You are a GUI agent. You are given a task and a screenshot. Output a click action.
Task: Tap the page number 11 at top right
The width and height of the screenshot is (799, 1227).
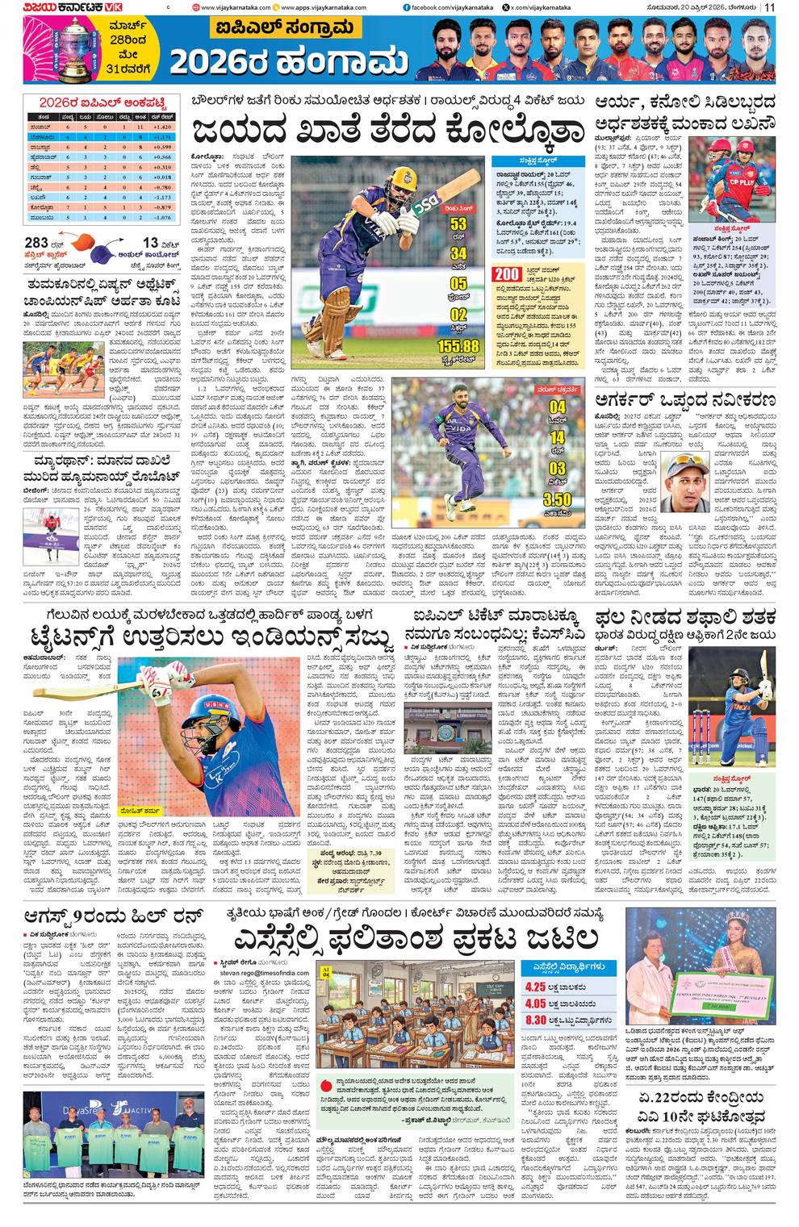point(770,7)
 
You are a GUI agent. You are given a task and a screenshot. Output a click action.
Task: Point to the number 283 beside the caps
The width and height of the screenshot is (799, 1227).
point(37,243)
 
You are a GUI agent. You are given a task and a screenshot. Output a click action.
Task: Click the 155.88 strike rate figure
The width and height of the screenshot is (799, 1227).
point(458,345)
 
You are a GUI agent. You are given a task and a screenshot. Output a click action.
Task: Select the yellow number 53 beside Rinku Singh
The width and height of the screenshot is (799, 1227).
point(458,223)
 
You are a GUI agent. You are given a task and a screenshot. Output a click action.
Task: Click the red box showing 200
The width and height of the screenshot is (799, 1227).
point(506,275)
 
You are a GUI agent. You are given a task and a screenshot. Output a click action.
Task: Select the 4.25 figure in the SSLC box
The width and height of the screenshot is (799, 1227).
point(534,987)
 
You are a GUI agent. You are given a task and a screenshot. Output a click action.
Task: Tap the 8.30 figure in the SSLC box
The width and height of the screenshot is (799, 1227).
point(534,1020)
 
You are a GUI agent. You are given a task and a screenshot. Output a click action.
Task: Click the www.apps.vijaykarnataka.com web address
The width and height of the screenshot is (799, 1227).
point(323,8)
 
